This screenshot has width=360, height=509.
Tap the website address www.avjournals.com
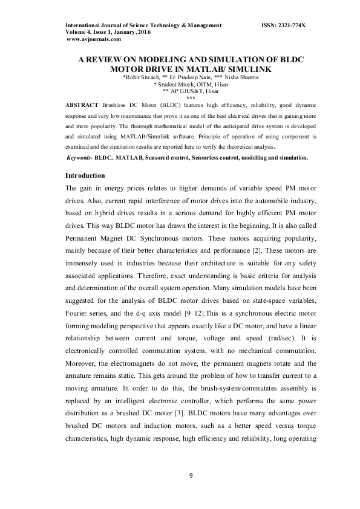pyautogui.click(x=94, y=39)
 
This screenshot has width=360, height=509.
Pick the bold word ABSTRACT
pyautogui.click(x=82, y=104)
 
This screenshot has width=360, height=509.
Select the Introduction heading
pyautogui.click(x=85, y=175)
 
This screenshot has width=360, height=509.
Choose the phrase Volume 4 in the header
pyautogui.click(x=79, y=32)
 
